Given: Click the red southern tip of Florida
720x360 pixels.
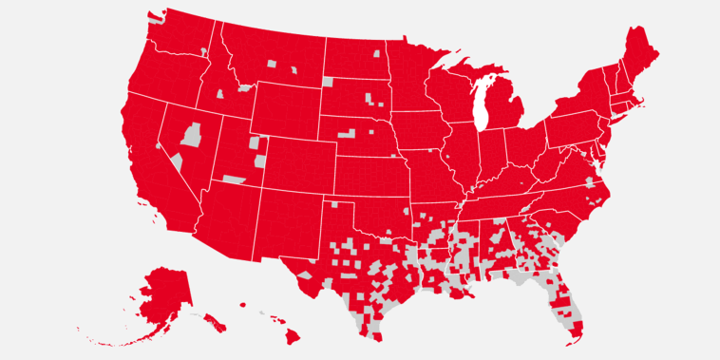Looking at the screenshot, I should [x=575, y=332].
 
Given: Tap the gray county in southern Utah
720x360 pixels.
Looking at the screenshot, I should [x=233, y=179].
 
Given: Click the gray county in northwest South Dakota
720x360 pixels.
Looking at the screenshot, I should [x=329, y=82].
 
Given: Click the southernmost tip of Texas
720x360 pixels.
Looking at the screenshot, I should [x=378, y=338].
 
